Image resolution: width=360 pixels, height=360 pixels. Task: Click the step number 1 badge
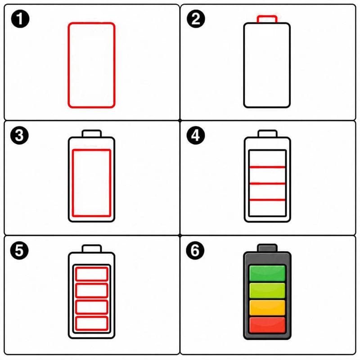tap(20, 19)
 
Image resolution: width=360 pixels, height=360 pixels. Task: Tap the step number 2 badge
tap(196, 19)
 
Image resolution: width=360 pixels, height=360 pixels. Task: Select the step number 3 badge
tap(19, 135)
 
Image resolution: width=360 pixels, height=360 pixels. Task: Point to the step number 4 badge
tap(196, 135)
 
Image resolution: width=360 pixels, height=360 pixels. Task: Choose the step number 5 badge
tap(19, 250)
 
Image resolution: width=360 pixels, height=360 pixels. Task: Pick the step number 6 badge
tap(195, 250)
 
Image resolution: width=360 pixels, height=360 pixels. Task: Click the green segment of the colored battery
tap(267, 273)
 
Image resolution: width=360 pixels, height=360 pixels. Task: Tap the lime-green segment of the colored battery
tap(267, 290)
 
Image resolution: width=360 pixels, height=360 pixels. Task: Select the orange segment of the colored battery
tap(267, 307)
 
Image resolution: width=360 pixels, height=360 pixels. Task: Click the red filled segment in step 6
tap(267, 325)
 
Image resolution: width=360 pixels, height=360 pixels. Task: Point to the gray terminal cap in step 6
tap(267, 248)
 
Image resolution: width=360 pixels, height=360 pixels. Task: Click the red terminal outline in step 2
tap(267, 16)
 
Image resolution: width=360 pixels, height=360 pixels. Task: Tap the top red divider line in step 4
tap(267, 167)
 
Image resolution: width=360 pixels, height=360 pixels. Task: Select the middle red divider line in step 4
tap(267, 184)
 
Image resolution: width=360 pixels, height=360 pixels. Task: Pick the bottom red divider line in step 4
tap(267, 200)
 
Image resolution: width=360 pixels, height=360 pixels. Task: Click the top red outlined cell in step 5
tap(92, 267)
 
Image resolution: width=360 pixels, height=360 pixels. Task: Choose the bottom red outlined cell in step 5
tap(92, 317)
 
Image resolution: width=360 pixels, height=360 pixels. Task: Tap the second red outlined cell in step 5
tap(92, 284)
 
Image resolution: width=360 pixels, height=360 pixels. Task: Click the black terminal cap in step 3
tap(92, 130)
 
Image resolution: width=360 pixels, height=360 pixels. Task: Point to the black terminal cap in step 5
tap(92, 246)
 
